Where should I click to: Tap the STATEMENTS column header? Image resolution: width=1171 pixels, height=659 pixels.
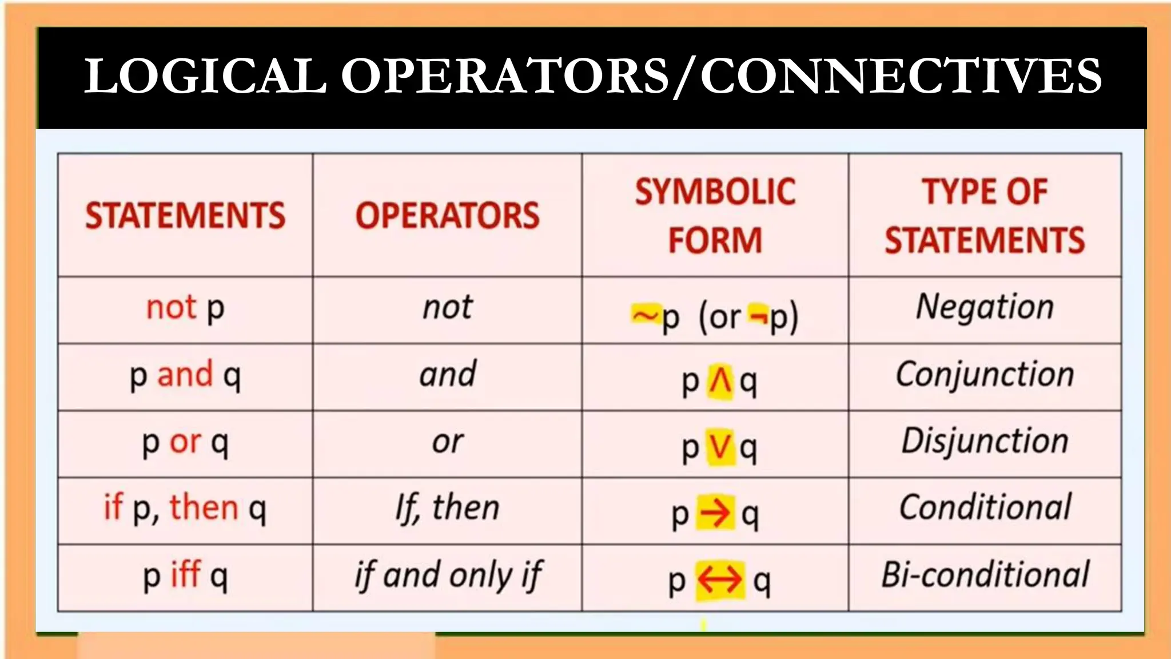pyautogui.click(x=185, y=216)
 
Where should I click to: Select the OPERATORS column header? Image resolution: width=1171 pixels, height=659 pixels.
pyautogui.click(x=447, y=216)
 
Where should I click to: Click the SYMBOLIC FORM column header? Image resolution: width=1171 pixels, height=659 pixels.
pyautogui.click(x=715, y=216)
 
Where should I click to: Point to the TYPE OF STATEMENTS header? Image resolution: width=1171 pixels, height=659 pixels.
pyautogui.click(x=985, y=216)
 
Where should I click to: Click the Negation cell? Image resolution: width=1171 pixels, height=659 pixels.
pyautogui.click(x=985, y=307)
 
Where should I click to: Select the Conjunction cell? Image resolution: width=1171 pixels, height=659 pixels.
pyautogui.click(x=985, y=375)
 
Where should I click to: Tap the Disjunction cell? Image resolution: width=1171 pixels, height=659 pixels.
pyautogui.click(x=985, y=442)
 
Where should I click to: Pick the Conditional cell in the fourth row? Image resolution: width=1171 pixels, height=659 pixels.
pyautogui.click(x=985, y=508)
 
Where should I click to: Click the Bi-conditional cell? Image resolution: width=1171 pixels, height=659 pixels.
pyautogui.click(x=985, y=575)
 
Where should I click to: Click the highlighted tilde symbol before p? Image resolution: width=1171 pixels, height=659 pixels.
pyautogui.click(x=645, y=315)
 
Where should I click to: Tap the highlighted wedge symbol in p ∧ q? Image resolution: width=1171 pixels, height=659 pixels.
pyautogui.click(x=720, y=381)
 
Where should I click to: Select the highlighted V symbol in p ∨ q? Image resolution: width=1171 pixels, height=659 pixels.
pyautogui.click(x=720, y=447)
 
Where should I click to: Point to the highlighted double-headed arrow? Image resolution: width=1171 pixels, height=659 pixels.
pyautogui.click(x=720, y=580)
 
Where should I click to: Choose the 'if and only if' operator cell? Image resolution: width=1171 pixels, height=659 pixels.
pyautogui.click(x=448, y=575)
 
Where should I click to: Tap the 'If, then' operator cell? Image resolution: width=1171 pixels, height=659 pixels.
pyautogui.click(x=448, y=508)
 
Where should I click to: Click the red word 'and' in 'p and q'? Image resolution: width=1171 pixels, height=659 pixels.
pyautogui.click(x=185, y=375)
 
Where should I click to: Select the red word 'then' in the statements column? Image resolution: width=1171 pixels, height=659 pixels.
pyautogui.click(x=204, y=507)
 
